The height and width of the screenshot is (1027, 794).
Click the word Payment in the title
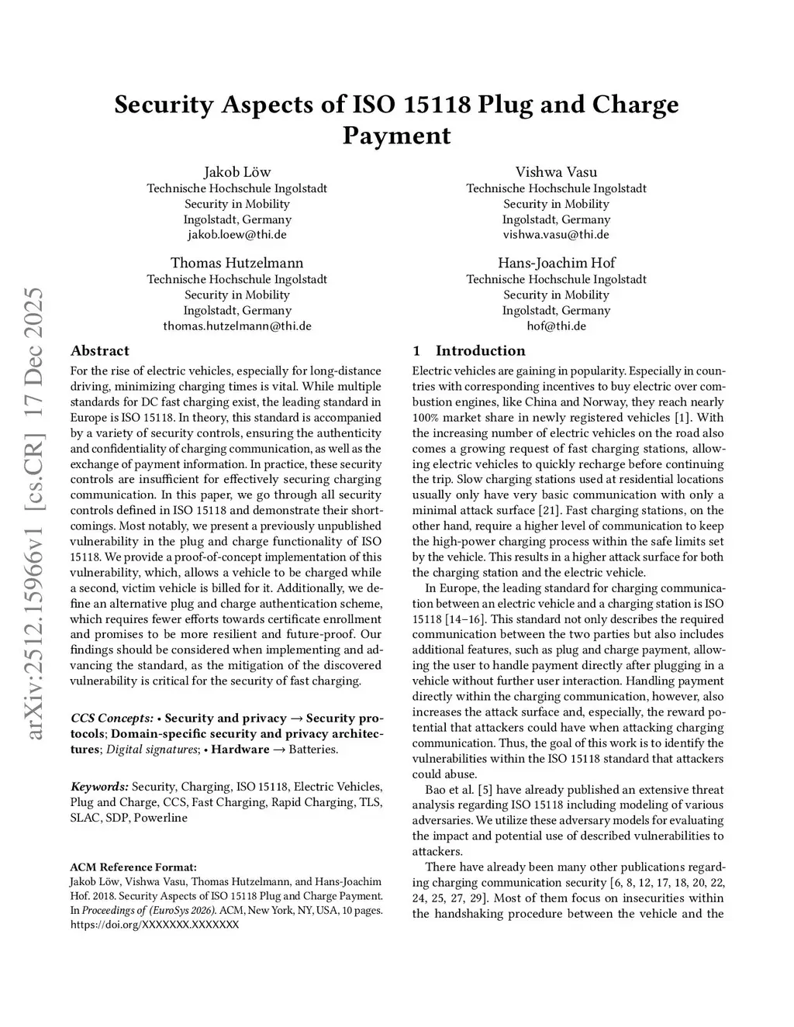(x=396, y=136)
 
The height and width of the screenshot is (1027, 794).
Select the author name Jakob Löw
(x=237, y=172)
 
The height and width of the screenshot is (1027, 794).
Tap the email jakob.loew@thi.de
(x=237, y=234)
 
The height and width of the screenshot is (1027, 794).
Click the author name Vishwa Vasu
(x=556, y=172)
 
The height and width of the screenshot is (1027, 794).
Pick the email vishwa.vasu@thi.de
(x=556, y=234)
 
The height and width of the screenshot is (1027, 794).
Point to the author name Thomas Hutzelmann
(x=237, y=263)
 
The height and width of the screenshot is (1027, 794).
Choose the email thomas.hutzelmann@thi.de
(x=237, y=326)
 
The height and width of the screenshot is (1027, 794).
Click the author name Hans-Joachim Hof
(x=556, y=263)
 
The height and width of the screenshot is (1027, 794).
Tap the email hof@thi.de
(x=556, y=326)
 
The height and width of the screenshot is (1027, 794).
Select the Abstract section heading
(x=100, y=350)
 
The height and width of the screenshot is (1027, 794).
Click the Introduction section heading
(x=480, y=350)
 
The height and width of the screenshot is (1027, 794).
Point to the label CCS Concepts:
(x=112, y=718)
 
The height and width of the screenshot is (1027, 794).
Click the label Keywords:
(x=99, y=787)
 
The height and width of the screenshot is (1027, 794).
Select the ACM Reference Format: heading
(x=133, y=867)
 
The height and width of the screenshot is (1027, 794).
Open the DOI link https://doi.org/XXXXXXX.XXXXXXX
(x=154, y=924)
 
